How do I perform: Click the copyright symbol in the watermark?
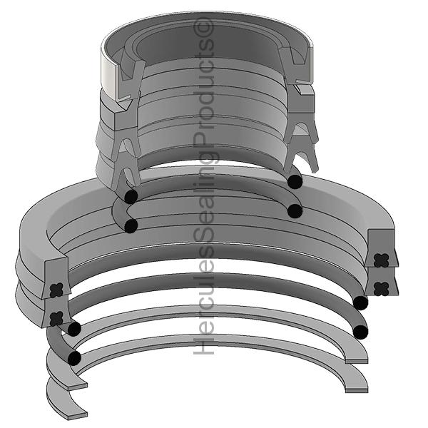[x=203, y=28]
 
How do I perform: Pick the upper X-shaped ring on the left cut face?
[x=57, y=290]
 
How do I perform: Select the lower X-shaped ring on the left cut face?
[x=57, y=318]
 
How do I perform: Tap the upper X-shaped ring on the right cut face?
[x=381, y=260]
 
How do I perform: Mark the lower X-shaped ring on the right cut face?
[x=381, y=289]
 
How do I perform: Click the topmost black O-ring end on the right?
[x=295, y=182]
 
